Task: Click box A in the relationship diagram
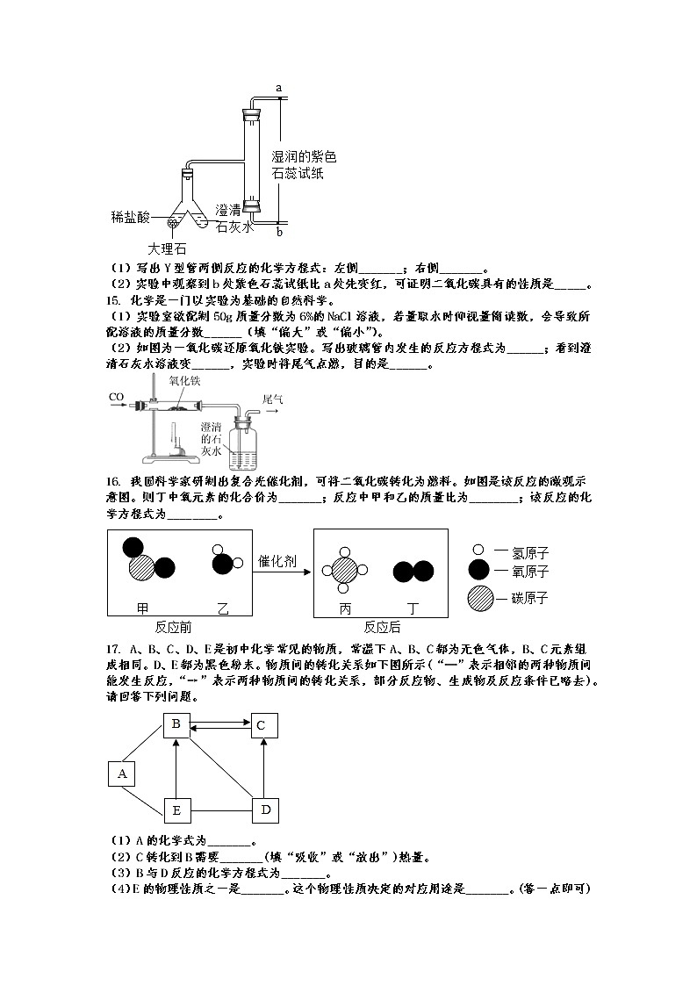tap(122, 774)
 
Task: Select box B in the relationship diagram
tap(176, 724)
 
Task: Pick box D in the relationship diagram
tap(265, 810)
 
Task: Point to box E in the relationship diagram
tap(176, 810)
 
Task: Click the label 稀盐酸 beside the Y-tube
tap(130, 216)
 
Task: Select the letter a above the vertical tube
tap(278, 88)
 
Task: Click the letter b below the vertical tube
tap(279, 233)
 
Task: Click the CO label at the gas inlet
tap(116, 398)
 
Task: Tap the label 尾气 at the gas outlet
tap(272, 399)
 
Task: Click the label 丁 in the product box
tap(413, 608)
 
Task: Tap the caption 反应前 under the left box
tap(173, 628)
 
